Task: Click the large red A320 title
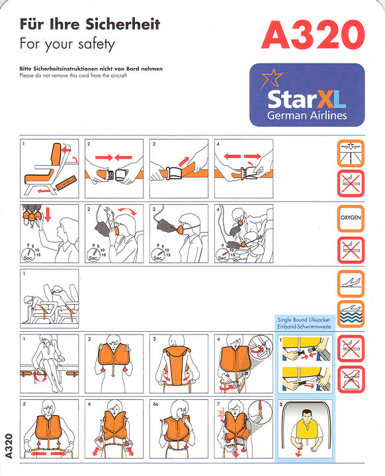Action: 312,35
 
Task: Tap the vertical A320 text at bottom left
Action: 9,446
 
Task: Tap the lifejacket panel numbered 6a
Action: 178,429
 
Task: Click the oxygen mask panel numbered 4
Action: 243,233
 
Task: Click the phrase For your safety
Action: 67,45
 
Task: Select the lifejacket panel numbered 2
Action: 113,364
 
